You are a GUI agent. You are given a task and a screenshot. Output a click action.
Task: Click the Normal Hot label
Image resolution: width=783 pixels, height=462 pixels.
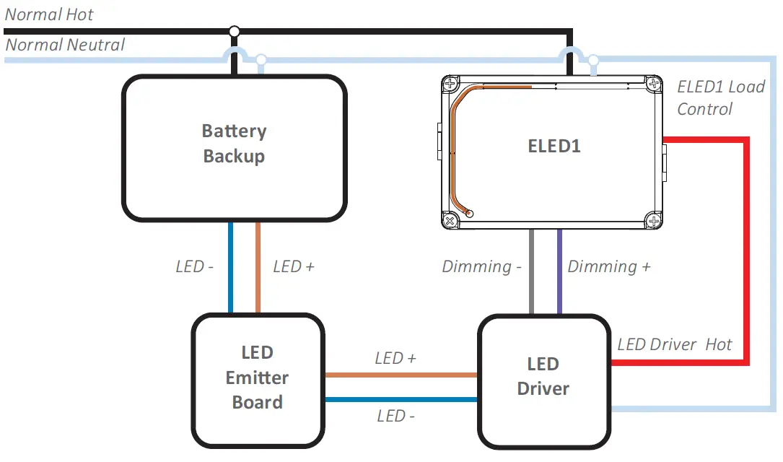coord(49,14)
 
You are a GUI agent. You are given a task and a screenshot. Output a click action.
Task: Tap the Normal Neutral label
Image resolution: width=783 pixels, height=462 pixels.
coord(65,45)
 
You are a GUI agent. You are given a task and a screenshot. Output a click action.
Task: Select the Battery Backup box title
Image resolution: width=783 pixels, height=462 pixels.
coord(234,144)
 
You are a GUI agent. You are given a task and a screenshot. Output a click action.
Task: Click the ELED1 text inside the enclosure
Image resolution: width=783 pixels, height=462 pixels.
coord(554,146)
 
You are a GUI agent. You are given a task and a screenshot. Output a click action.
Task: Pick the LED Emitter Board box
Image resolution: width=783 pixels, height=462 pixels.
coord(258,378)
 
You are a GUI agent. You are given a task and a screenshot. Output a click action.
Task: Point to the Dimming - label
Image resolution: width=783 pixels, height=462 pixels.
coord(481,267)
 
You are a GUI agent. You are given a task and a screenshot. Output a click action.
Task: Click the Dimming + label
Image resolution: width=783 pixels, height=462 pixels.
coord(608,267)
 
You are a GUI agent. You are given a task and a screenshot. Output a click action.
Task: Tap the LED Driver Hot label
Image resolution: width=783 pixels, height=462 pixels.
coord(674,344)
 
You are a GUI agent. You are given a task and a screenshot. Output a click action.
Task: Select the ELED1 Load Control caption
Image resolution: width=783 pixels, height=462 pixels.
coord(719,97)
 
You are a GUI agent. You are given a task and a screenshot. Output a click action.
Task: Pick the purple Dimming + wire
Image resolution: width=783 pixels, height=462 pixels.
coord(559,271)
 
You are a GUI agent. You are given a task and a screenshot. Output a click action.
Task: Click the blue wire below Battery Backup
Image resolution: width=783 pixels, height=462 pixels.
coord(231,267)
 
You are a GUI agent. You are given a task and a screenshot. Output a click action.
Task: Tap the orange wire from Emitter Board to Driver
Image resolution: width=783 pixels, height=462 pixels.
coord(401,375)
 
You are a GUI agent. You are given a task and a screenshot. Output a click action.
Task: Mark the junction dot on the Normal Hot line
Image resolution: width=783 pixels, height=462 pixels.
coord(234,31)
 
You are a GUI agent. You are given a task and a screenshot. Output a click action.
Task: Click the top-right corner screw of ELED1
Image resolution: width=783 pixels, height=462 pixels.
coord(653,84)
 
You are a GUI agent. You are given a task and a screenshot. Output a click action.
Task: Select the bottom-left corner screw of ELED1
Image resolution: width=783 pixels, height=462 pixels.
coord(450,220)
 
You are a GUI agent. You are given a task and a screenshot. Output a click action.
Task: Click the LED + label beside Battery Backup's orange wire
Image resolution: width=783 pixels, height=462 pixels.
coord(294,267)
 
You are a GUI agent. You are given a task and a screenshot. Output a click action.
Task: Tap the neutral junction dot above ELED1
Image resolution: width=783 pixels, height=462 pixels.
coord(593,59)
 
